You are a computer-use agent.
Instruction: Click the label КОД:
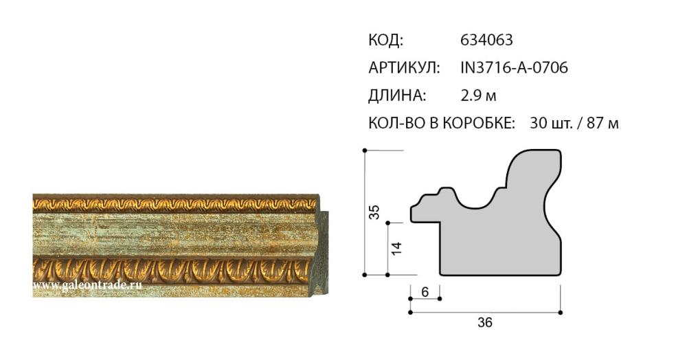[385, 41]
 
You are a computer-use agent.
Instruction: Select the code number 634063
[486, 41]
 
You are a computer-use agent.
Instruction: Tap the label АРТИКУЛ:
[404, 68]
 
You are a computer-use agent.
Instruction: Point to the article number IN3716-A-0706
[514, 68]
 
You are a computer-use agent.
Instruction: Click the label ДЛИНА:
[397, 95]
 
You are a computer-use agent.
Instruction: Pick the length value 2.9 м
[478, 95]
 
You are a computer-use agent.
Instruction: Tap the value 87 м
[603, 123]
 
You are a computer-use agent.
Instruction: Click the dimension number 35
[374, 212]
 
